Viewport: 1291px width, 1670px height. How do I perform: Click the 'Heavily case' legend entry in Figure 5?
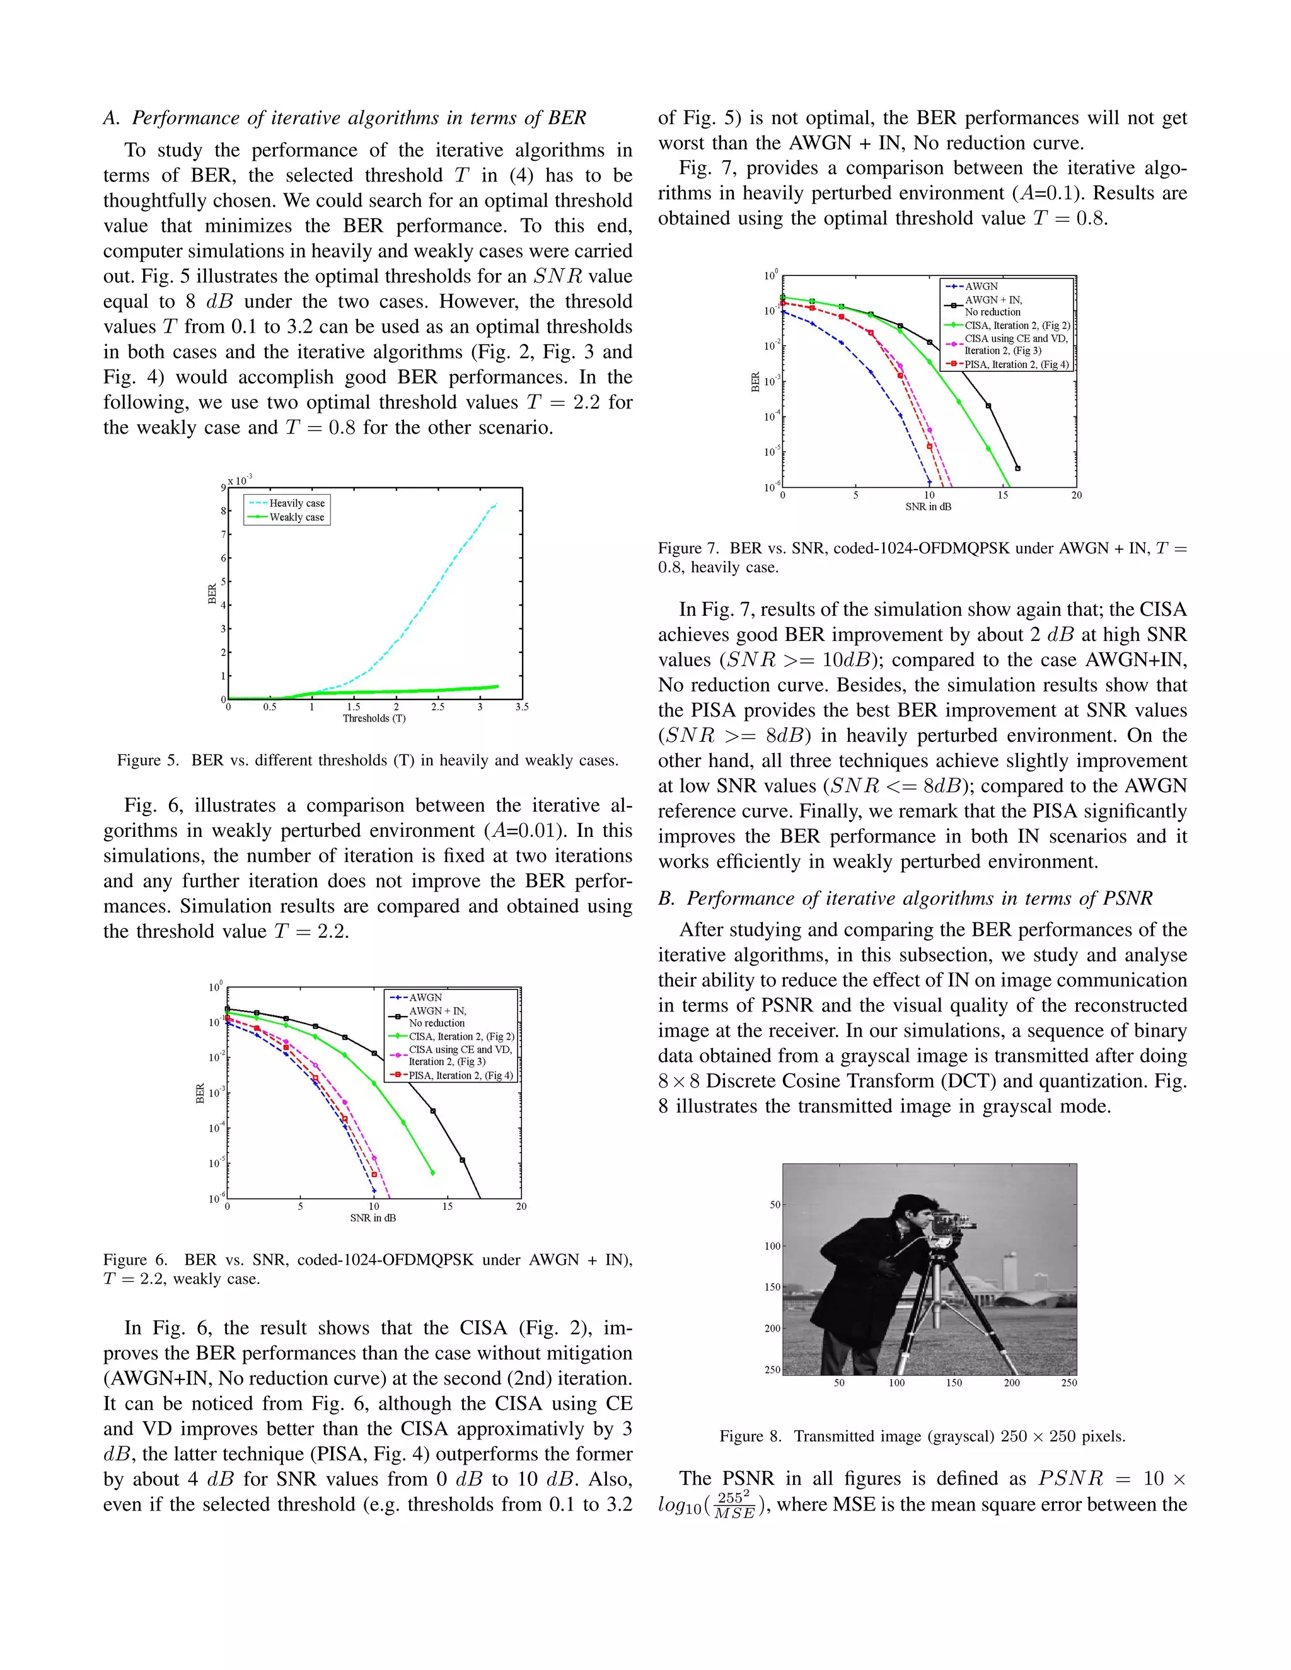(x=297, y=503)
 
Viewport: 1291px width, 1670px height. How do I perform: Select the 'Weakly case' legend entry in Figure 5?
(x=297, y=517)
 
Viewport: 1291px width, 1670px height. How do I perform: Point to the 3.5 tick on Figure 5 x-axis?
(x=521, y=706)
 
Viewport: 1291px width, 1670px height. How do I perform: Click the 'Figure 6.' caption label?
(x=136, y=1259)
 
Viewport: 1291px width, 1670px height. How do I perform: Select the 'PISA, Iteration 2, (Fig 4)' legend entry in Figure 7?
(x=1016, y=365)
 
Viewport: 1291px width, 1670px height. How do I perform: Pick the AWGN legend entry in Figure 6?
(x=426, y=997)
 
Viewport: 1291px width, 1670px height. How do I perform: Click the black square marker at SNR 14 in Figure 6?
(x=433, y=1111)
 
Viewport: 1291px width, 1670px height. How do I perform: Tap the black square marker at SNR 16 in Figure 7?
(x=1017, y=468)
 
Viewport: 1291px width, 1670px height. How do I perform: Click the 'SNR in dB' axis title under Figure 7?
(x=929, y=506)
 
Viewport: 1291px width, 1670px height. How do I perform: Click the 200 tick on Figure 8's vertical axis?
(x=772, y=1328)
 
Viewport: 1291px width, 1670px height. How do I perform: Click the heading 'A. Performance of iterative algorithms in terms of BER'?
(x=344, y=118)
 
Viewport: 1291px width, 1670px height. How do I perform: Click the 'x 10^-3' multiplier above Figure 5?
(x=240, y=480)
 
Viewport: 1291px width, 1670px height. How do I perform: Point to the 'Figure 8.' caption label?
(x=750, y=1436)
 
